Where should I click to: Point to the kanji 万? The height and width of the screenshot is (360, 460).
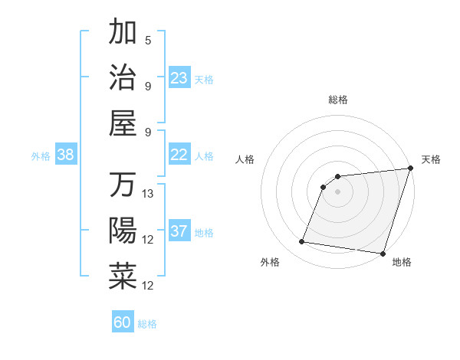[123, 186]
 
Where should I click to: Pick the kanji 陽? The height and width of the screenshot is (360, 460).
[123, 231]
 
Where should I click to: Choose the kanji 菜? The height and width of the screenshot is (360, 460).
[123, 276]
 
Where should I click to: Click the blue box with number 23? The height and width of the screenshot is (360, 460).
[179, 77]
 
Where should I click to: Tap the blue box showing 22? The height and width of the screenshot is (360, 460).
[179, 155]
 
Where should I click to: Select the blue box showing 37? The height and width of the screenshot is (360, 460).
[179, 231]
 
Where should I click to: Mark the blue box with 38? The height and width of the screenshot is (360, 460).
[66, 155]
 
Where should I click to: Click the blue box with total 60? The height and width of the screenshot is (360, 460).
[123, 322]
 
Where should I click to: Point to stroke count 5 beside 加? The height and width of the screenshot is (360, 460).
[148, 40]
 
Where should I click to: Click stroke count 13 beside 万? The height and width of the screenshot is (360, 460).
[149, 194]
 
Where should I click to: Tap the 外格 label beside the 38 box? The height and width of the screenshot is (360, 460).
[41, 156]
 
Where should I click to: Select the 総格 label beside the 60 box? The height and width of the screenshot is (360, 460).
[147, 324]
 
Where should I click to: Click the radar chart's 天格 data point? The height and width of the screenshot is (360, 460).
[410, 169]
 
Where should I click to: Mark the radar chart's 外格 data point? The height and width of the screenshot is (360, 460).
[301, 242]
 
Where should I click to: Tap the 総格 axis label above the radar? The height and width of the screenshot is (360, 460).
[338, 100]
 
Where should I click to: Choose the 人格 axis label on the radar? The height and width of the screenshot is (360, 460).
[245, 159]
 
